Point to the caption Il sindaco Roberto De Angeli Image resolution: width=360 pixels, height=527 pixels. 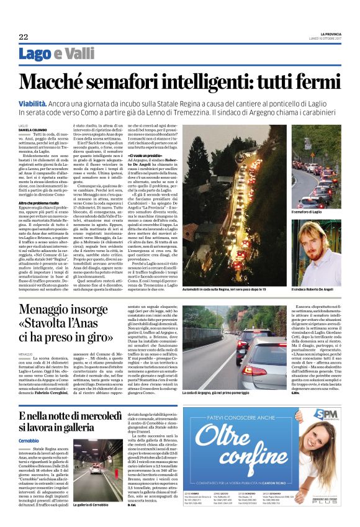[x=312, y=289]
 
